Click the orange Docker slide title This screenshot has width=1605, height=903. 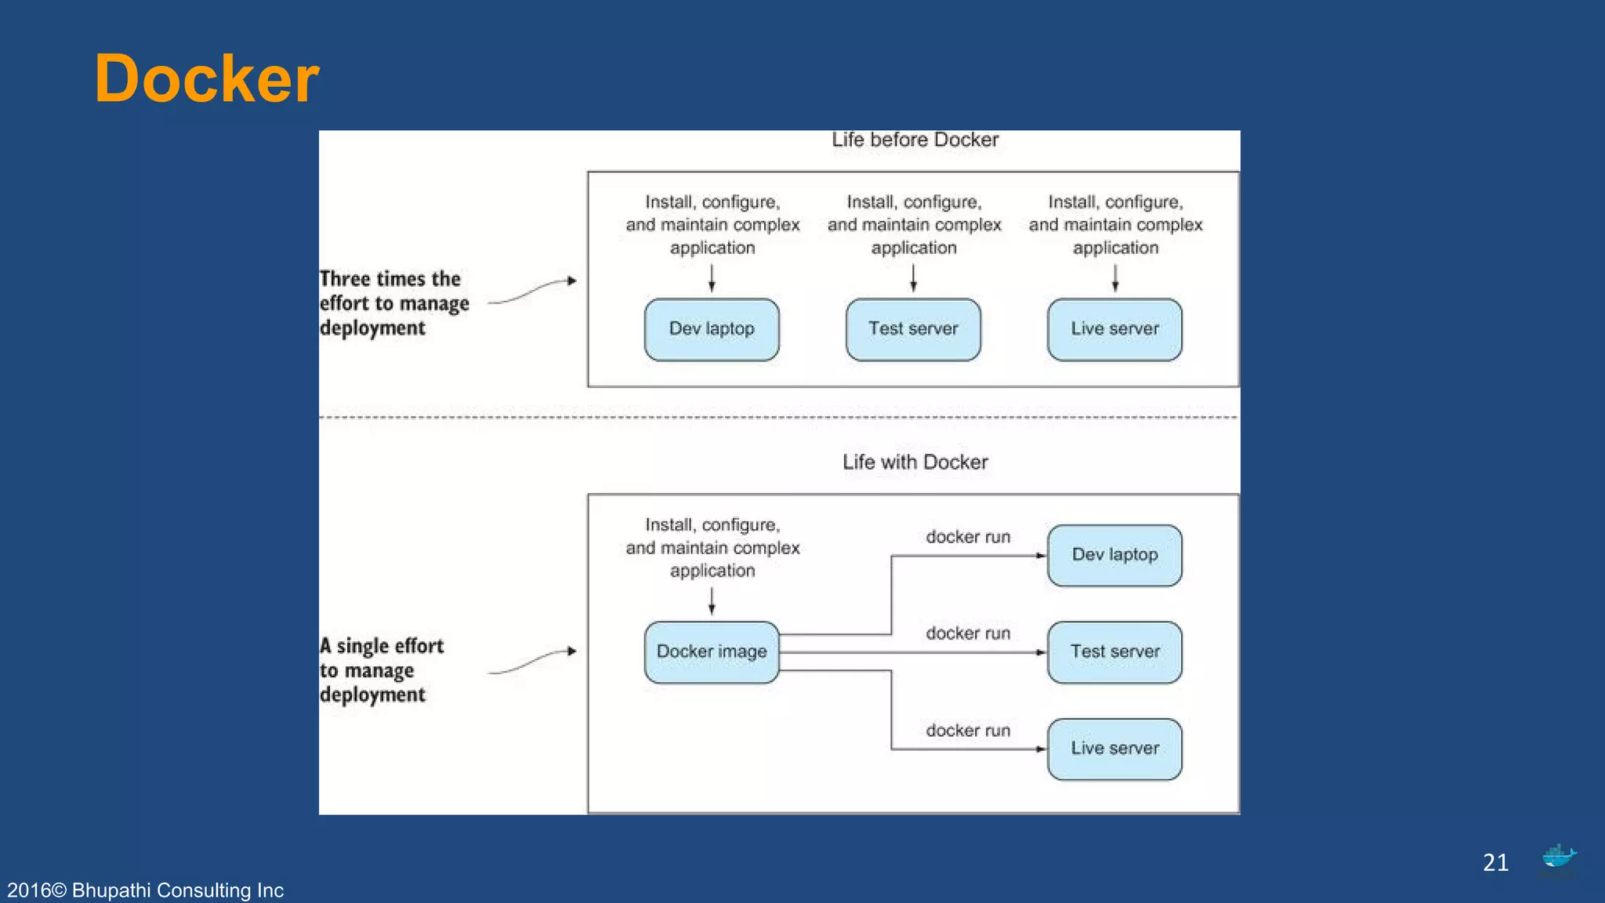(207, 79)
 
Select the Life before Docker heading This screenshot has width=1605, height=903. (915, 140)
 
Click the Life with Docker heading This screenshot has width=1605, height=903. (915, 462)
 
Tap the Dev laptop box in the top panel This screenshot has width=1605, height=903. (712, 329)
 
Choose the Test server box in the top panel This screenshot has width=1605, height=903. (913, 329)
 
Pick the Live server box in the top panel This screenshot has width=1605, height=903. (1114, 329)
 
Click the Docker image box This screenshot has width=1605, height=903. (712, 652)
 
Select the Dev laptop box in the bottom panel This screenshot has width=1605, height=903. (1114, 555)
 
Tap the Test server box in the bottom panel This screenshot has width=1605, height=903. (1114, 652)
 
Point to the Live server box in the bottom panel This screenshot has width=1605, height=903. (1114, 749)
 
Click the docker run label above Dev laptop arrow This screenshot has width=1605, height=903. (968, 538)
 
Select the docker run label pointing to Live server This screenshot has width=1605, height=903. (968, 731)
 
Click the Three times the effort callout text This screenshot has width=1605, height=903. (393, 303)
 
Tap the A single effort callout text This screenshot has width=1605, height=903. (382, 670)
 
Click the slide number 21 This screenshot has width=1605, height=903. (1495, 863)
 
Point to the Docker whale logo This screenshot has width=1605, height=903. (1559, 857)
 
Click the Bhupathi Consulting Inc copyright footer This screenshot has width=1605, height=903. (146, 890)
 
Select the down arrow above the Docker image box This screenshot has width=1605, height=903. (712, 600)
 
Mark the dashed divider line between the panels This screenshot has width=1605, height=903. (779, 418)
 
